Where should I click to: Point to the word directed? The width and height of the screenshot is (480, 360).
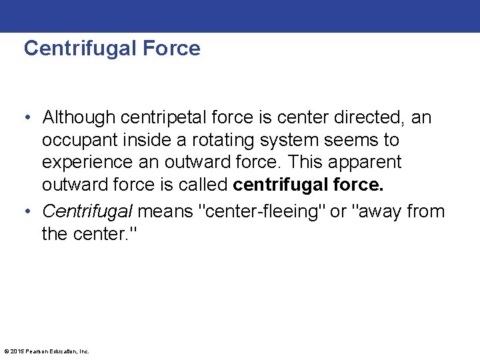[371, 118]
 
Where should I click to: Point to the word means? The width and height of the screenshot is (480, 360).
[166, 212]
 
